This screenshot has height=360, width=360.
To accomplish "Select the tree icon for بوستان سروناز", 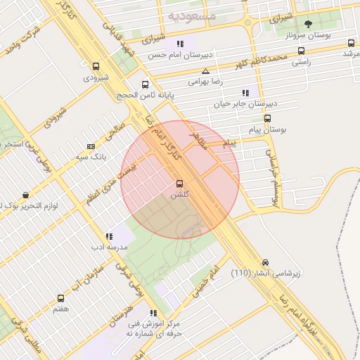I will click(x=308, y=24).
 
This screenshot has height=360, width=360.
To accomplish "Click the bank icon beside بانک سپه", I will click(x=91, y=146).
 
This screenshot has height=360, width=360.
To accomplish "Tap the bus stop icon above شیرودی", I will click(x=96, y=66).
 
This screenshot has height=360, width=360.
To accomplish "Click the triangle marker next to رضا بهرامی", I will click(x=205, y=71).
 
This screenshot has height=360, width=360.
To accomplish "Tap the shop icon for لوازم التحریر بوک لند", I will click(x=26, y=195).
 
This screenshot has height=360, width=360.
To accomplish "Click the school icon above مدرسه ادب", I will click(x=108, y=237).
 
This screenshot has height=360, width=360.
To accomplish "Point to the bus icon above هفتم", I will click(x=60, y=297).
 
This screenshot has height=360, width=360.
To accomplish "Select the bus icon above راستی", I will click(x=302, y=51).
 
